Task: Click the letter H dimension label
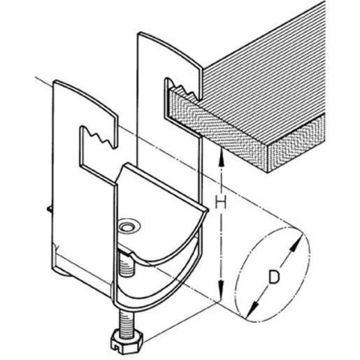pyautogui.click(x=220, y=202)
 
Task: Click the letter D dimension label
pyautogui.click(x=273, y=277)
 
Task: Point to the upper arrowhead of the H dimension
pyautogui.click(x=222, y=157)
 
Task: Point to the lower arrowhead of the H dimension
pyautogui.click(x=221, y=289)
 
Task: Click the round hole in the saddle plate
pyautogui.click(x=126, y=226)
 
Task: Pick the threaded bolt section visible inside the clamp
pyautogui.click(x=127, y=264)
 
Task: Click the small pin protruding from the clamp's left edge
pyautogui.click(x=50, y=208)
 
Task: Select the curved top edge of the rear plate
pyautogui.click(x=170, y=48)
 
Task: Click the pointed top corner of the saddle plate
pyautogui.click(x=127, y=165)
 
